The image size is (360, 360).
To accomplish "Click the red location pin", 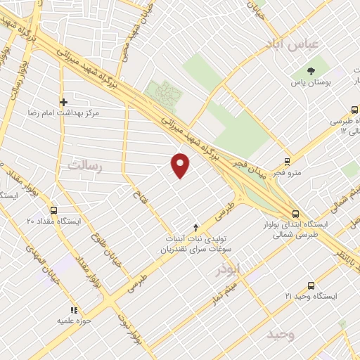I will click(x=181, y=165).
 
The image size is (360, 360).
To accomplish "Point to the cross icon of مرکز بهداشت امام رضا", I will click(x=63, y=102).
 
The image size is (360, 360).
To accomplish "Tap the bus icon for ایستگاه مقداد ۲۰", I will click(x=54, y=210).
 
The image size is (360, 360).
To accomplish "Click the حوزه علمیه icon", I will click(x=72, y=310).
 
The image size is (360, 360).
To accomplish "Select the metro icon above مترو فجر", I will click(x=287, y=162).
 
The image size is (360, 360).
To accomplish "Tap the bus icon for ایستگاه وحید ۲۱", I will click(x=311, y=285).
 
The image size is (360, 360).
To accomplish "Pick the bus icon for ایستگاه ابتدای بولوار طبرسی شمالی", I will click(x=295, y=214).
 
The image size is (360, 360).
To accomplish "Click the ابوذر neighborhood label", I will click(x=230, y=268).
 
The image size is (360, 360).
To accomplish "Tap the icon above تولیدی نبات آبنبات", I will click(x=195, y=227).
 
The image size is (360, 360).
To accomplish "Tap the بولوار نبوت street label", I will click(x=139, y=330).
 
